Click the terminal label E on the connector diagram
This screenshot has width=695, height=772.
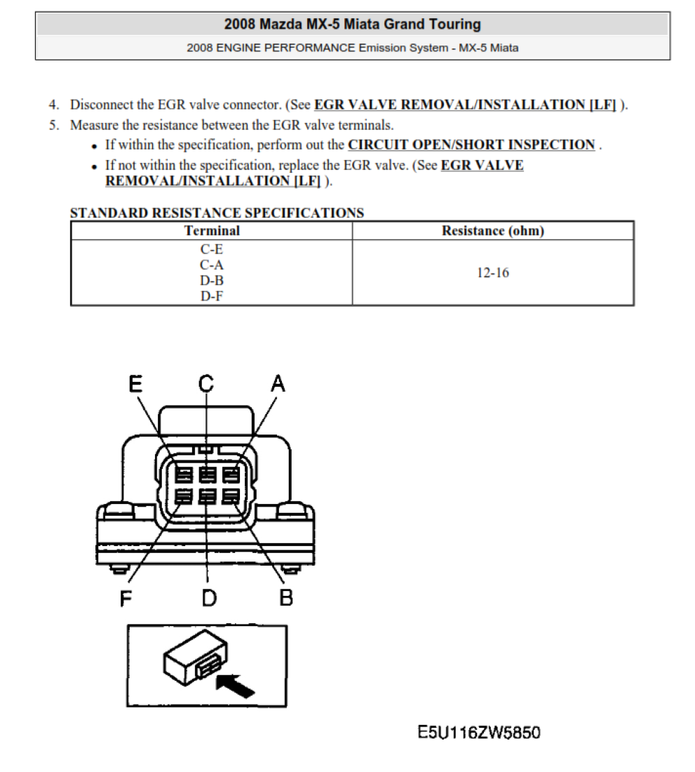(x=135, y=383)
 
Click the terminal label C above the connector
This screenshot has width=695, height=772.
(x=207, y=383)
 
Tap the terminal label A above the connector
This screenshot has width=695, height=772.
(x=278, y=383)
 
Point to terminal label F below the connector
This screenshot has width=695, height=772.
(x=126, y=598)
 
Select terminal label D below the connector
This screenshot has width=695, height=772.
(x=209, y=598)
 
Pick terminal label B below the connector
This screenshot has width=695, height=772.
(x=285, y=598)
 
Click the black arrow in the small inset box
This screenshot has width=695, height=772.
(x=236, y=686)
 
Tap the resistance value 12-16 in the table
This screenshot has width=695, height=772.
(x=493, y=272)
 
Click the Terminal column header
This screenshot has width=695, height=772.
(x=212, y=230)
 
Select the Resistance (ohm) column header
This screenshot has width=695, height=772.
(x=493, y=230)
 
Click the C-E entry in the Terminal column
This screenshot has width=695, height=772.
(x=212, y=249)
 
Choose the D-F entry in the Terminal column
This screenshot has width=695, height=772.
(x=212, y=296)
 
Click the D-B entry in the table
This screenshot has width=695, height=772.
(x=212, y=280)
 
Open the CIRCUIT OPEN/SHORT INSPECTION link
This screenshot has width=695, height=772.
(x=472, y=145)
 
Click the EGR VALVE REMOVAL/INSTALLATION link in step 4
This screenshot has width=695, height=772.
(x=465, y=105)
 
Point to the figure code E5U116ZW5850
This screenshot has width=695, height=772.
(x=479, y=732)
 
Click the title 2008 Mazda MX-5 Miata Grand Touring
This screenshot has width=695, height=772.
(x=353, y=24)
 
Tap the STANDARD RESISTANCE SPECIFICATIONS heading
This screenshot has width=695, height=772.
(x=217, y=213)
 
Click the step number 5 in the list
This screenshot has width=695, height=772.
(x=53, y=125)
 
